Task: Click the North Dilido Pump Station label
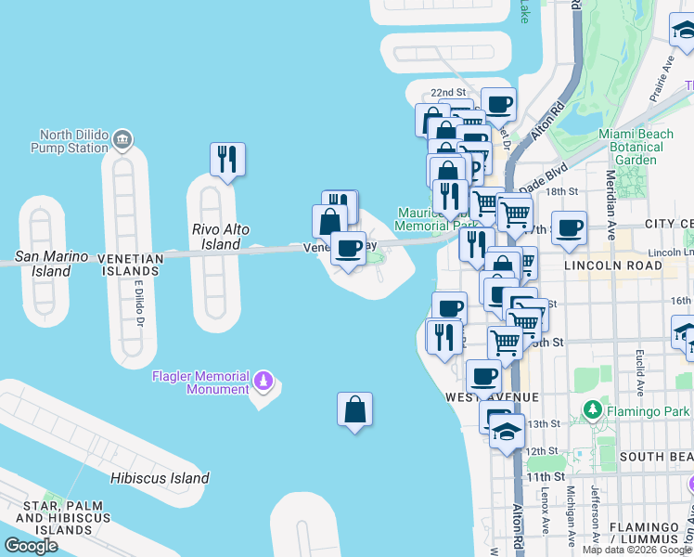point(69,141)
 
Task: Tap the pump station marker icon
point(122,141)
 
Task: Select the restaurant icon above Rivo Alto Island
point(227,159)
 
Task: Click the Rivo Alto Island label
point(220,237)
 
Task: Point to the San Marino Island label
point(51,264)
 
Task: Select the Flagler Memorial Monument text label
point(200,382)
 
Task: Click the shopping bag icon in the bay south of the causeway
point(354,408)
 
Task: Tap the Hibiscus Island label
point(159,478)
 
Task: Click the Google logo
point(31,546)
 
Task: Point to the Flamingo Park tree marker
point(592,408)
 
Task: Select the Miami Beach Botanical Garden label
point(636,147)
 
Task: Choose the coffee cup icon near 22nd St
point(498,104)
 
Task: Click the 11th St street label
point(539,477)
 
